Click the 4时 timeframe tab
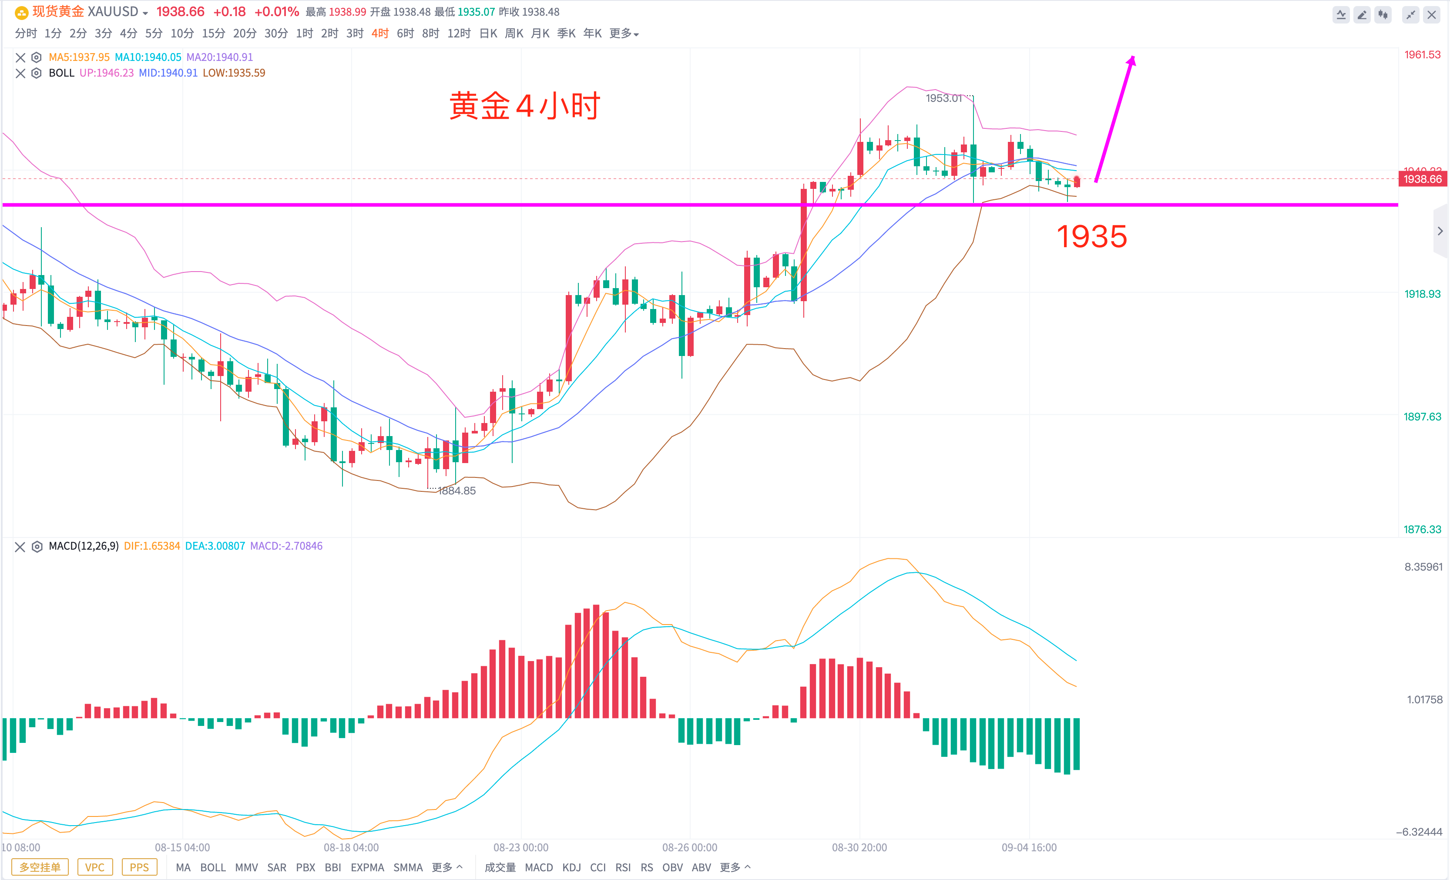pos(379,34)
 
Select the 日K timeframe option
pos(488,34)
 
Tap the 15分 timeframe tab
pos(213,34)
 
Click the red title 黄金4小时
pos(524,107)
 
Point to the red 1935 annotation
pos(1091,237)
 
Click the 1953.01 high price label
pos(943,98)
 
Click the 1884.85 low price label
pos(456,491)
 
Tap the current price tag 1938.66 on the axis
pos(1422,179)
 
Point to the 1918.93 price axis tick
pos(1422,294)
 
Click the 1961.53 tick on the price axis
pos(1422,55)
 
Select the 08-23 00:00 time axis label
pos(521,848)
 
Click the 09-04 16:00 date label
pos(1029,848)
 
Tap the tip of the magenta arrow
pos(1133,58)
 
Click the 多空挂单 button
pos(40,867)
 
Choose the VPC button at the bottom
pos(95,867)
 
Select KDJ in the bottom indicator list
pos(571,867)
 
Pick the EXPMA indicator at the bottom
pos(367,867)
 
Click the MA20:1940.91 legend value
pos(219,57)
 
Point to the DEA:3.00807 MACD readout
pos(215,546)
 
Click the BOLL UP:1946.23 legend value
pos(107,73)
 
